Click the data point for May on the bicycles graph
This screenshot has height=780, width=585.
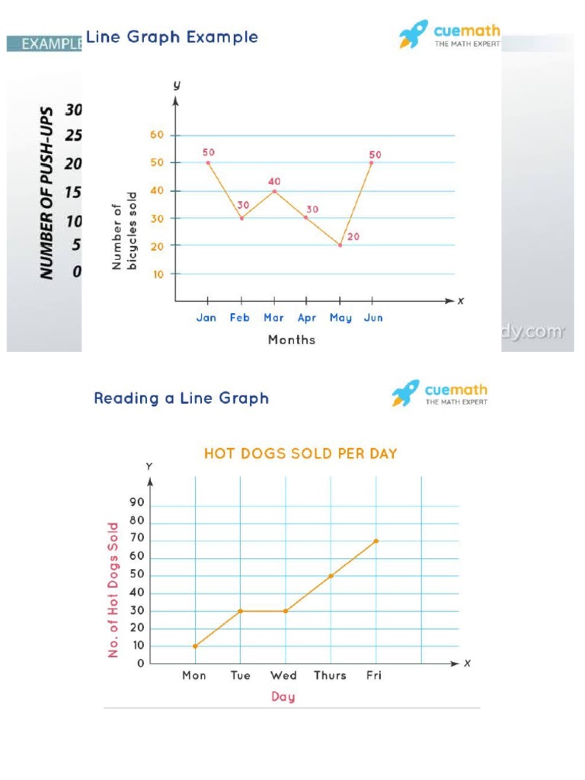(x=340, y=245)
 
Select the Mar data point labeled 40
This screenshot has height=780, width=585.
(x=274, y=190)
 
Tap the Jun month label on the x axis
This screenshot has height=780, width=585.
(x=373, y=318)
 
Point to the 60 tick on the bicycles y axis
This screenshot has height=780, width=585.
(x=157, y=136)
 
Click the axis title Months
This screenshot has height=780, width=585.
(x=291, y=340)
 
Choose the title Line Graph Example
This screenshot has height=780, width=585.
(x=172, y=37)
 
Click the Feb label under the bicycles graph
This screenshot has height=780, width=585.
(x=240, y=318)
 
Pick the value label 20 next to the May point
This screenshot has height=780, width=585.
(x=353, y=237)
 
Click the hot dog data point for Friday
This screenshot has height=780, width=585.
(x=376, y=541)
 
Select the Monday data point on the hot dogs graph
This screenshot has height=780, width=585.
(x=196, y=646)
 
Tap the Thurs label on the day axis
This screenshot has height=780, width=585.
(x=330, y=676)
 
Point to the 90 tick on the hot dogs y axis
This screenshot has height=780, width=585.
(x=137, y=503)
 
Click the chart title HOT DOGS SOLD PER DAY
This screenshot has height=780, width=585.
(x=300, y=453)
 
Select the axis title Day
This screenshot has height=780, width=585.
(x=283, y=696)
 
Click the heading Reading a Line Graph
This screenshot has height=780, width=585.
(x=181, y=398)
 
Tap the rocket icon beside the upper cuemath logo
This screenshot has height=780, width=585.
(x=413, y=34)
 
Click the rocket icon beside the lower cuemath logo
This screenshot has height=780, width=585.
(x=405, y=393)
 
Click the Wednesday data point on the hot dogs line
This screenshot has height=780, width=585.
(x=286, y=611)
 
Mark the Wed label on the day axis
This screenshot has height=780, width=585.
(x=283, y=676)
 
